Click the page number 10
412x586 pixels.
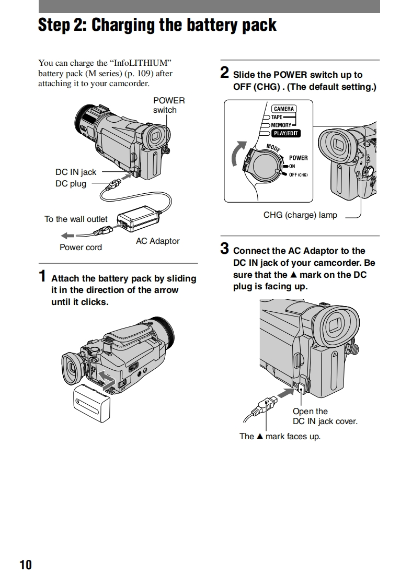26,565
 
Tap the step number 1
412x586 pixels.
43,276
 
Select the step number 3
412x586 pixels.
224,248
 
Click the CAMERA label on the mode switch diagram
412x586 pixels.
284,109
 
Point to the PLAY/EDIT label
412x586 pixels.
286,133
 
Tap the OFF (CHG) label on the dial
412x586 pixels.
298,174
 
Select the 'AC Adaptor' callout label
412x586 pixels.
157,241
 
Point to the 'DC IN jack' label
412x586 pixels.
76,172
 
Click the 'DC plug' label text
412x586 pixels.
71,183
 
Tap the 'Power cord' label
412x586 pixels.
81,247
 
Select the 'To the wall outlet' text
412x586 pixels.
76,219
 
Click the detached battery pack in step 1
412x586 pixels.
92,403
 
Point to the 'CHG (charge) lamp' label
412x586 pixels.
300,215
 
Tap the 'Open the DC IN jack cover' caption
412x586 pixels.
325,416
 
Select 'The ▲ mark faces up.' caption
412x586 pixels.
280,436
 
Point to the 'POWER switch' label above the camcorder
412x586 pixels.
168,105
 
